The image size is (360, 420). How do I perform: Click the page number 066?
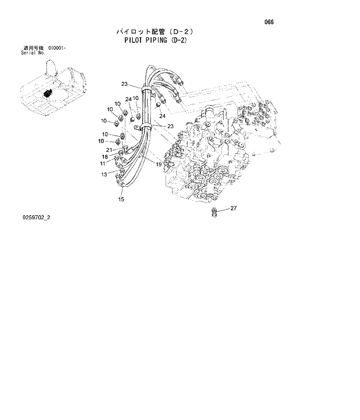click(x=269, y=23)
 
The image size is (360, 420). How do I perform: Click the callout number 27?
click(x=233, y=208)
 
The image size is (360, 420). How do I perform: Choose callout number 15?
click(x=121, y=200)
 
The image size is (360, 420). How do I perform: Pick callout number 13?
click(x=104, y=174)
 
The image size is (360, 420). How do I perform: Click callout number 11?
click(x=102, y=164)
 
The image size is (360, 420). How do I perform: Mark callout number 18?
click(x=105, y=157)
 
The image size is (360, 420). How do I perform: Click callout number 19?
click(x=158, y=165)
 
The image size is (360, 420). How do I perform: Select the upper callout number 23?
click(x=124, y=85)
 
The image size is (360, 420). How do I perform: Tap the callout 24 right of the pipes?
click(x=163, y=115)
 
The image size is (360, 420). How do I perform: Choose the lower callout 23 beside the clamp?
click(x=171, y=126)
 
